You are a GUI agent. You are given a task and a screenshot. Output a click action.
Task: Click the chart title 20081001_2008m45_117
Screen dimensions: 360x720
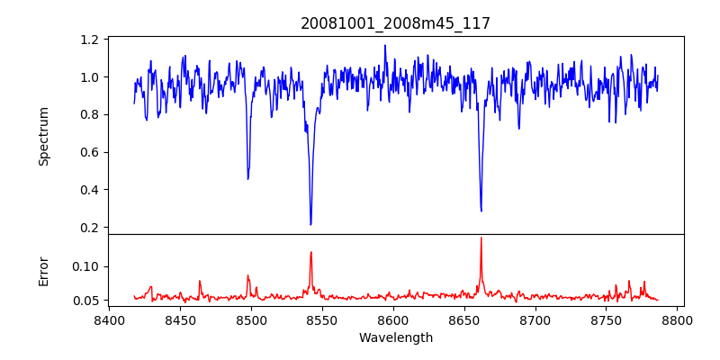tap(395, 23)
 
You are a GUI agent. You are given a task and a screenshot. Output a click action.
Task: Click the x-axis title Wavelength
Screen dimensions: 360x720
tap(395, 337)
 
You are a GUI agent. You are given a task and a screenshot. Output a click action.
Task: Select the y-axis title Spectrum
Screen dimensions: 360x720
tap(43, 136)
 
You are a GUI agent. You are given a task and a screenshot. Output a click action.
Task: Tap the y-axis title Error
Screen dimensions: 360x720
tap(43, 271)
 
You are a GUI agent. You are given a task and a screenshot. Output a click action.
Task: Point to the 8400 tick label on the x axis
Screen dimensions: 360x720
tap(109, 319)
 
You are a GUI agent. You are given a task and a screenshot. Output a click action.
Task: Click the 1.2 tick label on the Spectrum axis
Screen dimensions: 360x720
tap(90, 40)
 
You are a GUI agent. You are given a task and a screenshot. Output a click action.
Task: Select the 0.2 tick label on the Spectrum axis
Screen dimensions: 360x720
tap(90, 228)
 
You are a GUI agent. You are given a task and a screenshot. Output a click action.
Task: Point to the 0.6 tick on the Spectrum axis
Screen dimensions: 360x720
tap(90, 152)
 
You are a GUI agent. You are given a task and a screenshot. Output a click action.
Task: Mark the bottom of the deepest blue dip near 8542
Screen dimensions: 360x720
tap(310, 224)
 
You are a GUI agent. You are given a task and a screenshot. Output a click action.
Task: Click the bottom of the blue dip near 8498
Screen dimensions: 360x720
tap(248, 178)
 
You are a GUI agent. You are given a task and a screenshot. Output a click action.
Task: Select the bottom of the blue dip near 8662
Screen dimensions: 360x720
tap(481, 211)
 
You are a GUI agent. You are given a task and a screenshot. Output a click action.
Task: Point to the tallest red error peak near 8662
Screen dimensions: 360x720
tap(481, 238)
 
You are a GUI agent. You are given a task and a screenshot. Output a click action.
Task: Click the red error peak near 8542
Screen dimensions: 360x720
tap(310, 252)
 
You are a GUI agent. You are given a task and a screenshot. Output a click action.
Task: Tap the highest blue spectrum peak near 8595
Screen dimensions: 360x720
tap(385, 45)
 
